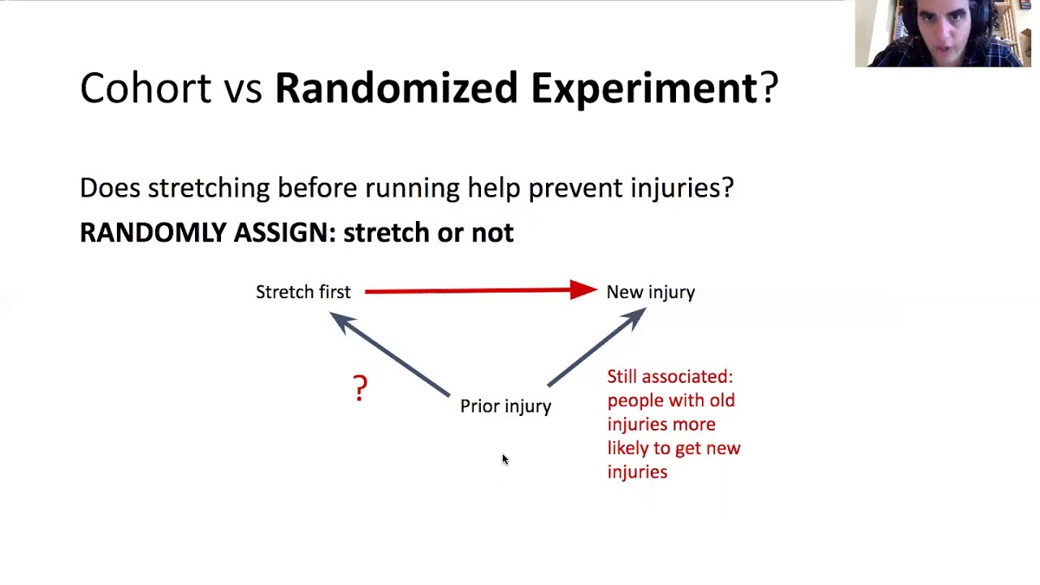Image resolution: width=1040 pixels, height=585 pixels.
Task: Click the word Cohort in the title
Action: click(145, 88)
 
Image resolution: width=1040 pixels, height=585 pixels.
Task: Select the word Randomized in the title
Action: click(396, 88)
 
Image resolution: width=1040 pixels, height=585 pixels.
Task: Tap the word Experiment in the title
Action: click(643, 88)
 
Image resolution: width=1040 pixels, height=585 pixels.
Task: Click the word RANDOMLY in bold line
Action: click(152, 233)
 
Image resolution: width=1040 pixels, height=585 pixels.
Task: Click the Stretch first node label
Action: click(303, 292)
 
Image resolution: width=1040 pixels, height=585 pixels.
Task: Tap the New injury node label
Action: click(650, 292)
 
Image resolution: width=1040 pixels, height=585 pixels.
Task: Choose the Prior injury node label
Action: click(505, 406)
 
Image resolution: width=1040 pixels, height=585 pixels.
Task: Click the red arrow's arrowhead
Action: click(583, 290)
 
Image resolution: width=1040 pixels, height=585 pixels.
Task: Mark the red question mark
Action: click(360, 388)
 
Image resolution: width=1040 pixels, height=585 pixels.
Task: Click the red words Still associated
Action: click(669, 377)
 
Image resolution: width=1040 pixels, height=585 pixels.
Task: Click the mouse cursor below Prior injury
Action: click(505, 460)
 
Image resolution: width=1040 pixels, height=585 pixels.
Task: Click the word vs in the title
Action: click(243, 88)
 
